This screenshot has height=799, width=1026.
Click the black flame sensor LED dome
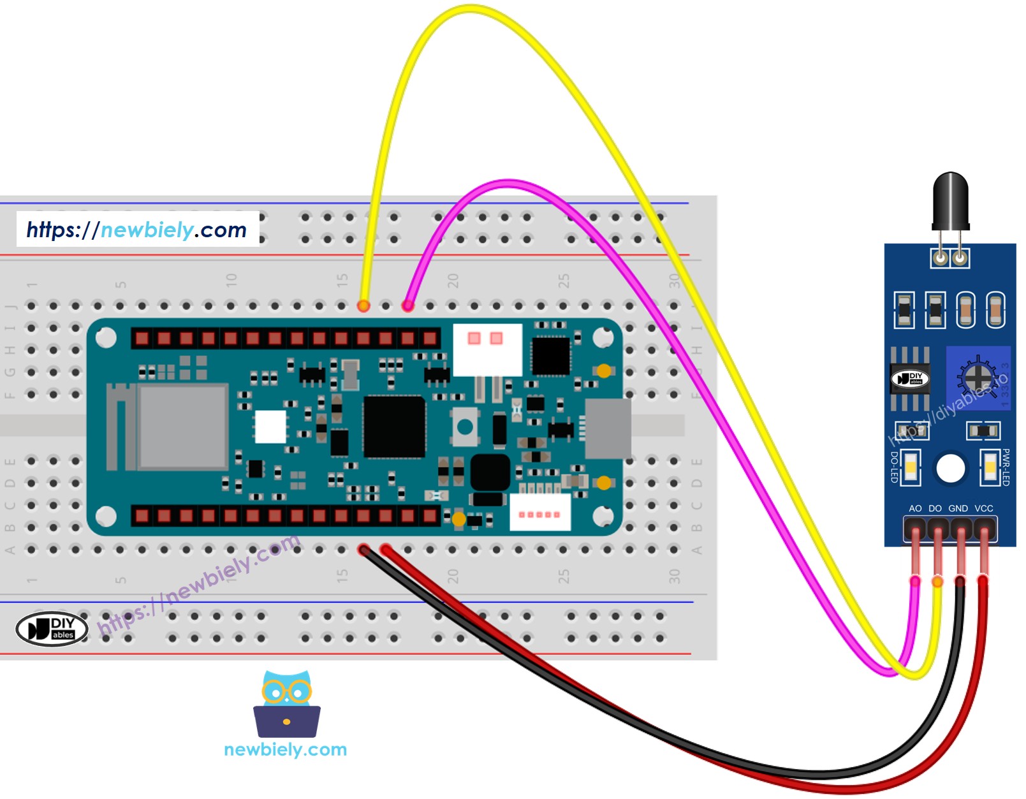950,199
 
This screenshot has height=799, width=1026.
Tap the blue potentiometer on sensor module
978,378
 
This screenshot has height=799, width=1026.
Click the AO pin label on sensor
915,508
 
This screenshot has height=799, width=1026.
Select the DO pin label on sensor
935,508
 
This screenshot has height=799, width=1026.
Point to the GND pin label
958,508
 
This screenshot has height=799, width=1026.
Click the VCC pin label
984,508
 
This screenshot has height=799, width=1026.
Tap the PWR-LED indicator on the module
990,467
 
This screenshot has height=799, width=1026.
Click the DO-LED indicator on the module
911,467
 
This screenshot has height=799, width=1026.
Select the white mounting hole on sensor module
950,469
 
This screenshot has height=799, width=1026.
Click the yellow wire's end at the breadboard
363,305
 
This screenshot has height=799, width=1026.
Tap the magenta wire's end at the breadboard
407,305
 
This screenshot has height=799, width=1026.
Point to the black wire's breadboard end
363,550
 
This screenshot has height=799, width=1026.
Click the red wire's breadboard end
385,549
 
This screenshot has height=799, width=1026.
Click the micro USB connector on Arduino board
608,429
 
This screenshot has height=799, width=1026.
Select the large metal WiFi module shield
183,427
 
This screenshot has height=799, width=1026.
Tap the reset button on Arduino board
465,426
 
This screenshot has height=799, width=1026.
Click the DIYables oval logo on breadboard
52,629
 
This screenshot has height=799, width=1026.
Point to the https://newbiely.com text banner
137,230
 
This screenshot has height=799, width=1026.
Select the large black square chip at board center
393,426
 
